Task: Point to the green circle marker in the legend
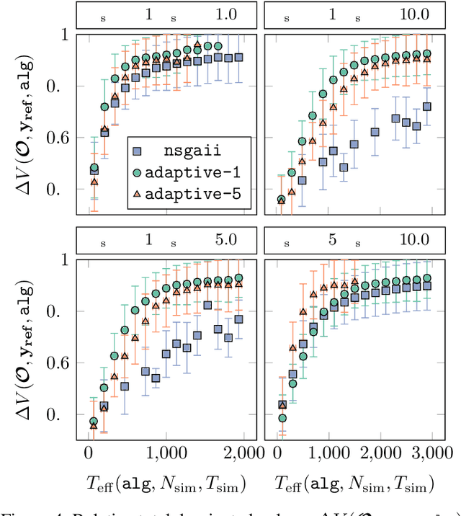[139, 174]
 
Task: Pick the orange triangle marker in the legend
[139, 195]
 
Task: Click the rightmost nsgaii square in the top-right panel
[427, 107]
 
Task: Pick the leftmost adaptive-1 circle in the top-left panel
[94, 169]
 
